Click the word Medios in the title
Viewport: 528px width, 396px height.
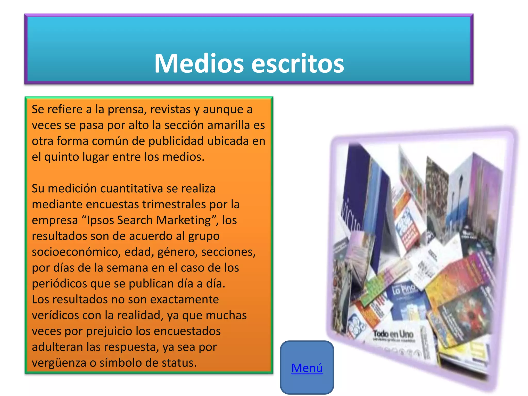(199, 63)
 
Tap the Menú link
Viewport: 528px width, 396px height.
(307, 368)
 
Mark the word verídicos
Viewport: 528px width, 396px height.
(55, 316)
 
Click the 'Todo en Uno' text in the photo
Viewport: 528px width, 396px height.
(393, 334)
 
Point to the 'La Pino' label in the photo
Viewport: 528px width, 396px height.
(404, 289)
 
